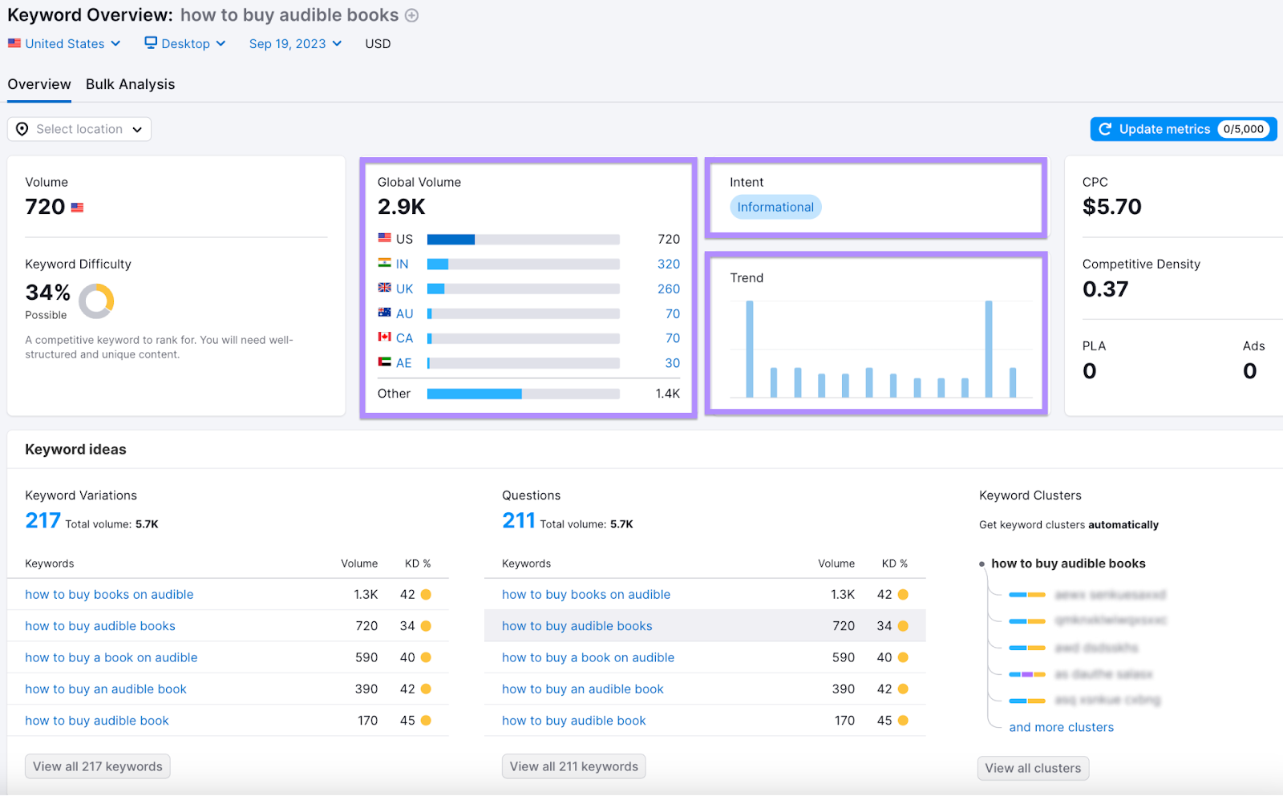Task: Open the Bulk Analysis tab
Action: click(x=130, y=84)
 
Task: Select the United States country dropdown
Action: click(x=64, y=43)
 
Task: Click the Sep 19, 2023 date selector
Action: click(x=294, y=43)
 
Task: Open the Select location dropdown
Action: click(x=79, y=129)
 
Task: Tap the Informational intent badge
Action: click(x=775, y=207)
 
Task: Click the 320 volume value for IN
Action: click(x=668, y=264)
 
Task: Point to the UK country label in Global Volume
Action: click(x=404, y=289)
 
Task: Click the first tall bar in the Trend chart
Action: click(x=750, y=349)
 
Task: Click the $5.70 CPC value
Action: click(x=1111, y=207)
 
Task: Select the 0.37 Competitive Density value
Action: click(x=1105, y=289)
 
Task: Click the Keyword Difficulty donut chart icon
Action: click(x=96, y=301)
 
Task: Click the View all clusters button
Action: click(x=1033, y=768)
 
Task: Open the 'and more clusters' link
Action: click(x=1061, y=727)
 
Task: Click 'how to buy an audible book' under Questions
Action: click(x=582, y=689)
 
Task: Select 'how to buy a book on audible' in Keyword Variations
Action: click(x=111, y=657)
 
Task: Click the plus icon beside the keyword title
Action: click(x=411, y=15)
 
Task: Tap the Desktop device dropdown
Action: click(x=185, y=43)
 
